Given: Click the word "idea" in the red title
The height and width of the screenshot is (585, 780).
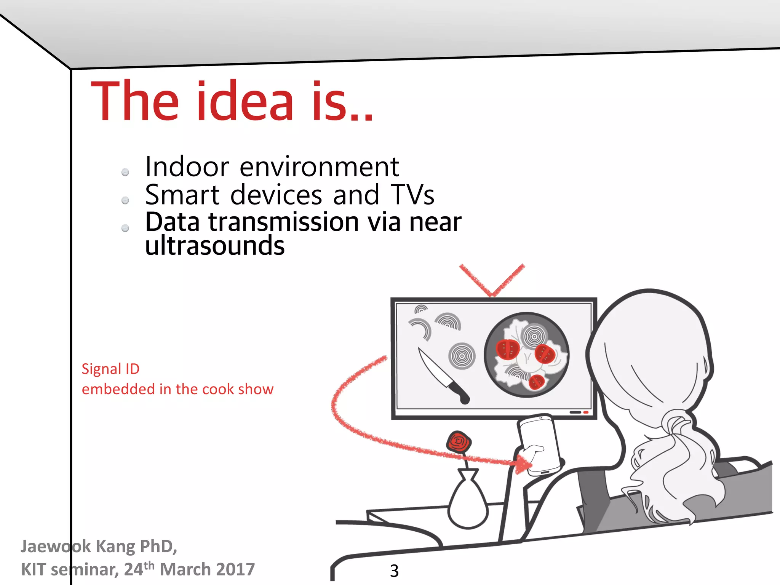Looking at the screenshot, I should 245,101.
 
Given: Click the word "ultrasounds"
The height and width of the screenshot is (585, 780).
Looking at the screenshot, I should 215,245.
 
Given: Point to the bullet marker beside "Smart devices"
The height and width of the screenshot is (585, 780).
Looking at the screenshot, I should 125,200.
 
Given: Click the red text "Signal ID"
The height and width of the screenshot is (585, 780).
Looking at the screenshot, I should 110,369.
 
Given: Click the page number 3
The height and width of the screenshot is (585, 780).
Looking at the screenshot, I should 394,571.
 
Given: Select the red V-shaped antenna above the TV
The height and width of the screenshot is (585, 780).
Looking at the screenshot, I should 492,280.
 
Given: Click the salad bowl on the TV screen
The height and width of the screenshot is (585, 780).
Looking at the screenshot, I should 527,355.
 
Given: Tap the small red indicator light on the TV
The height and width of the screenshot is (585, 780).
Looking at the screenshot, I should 586,412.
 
